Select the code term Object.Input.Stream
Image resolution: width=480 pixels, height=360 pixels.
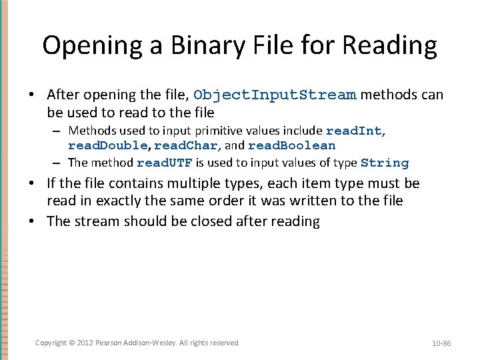click(x=275, y=95)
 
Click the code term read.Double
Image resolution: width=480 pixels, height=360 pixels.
click(x=107, y=145)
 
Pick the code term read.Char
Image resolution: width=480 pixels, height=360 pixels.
click(x=186, y=145)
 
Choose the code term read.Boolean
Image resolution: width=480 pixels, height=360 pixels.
click(x=291, y=145)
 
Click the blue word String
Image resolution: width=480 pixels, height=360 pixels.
click(x=384, y=163)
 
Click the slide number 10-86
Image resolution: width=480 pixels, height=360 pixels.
click(x=441, y=343)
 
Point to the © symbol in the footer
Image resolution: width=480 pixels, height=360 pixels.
click(x=73, y=343)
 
